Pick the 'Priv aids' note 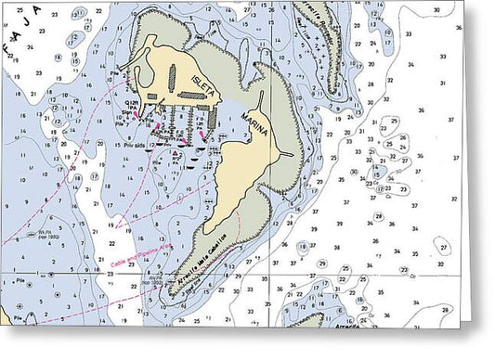[x=129, y=144]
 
